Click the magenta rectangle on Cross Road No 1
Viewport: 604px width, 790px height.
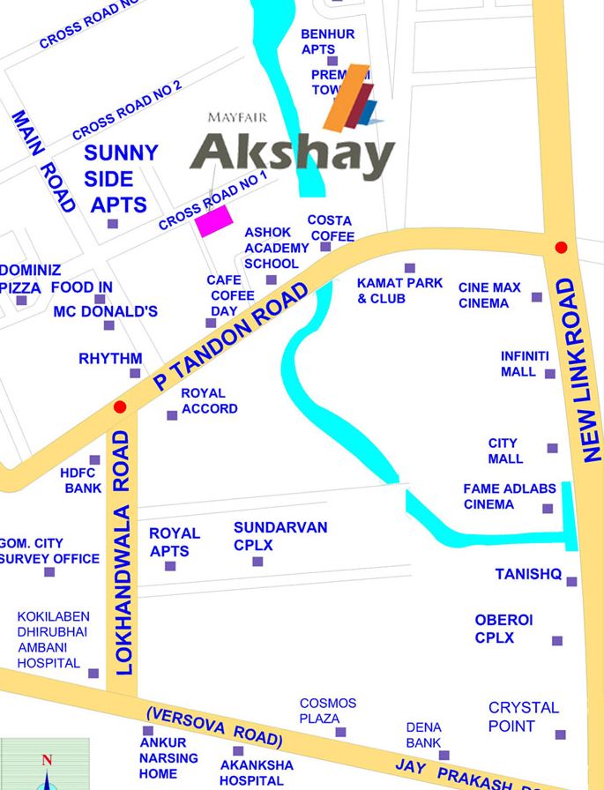click(x=213, y=220)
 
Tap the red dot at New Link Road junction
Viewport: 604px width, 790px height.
click(x=561, y=248)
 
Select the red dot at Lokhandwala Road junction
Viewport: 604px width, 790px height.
click(x=120, y=406)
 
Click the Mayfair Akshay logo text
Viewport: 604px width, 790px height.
click(x=292, y=154)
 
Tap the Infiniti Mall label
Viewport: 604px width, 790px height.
click(x=525, y=364)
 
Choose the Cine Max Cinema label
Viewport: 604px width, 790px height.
click(x=489, y=295)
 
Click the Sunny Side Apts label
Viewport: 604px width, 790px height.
click(x=121, y=178)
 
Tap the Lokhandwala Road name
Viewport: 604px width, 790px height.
click(x=123, y=553)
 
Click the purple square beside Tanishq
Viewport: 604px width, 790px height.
click(x=571, y=581)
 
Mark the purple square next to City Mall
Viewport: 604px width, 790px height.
click(x=552, y=448)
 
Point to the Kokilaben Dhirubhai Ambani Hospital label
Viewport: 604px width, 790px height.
click(x=48, y=640)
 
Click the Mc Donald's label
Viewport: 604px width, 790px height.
click(x=106, y=311)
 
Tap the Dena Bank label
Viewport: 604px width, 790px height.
click(x=423, y=735)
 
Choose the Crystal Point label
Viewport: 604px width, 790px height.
click(x=523, y=717)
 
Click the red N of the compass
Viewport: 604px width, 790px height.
click(x=47, y=760)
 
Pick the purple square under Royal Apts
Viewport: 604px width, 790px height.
click(x=170, y=566)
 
